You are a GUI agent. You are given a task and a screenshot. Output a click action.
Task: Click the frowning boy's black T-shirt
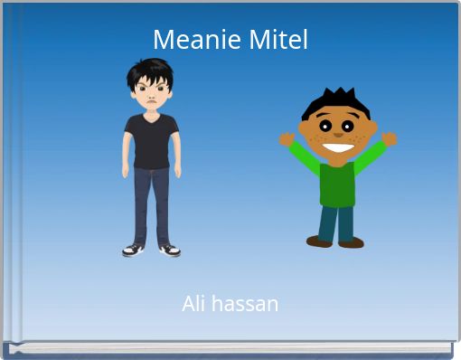151,140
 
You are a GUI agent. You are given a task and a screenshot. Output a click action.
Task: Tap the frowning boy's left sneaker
133,249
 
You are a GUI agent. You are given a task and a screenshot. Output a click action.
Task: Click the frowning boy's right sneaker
170,249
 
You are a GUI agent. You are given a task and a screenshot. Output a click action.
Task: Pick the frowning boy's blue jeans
151,204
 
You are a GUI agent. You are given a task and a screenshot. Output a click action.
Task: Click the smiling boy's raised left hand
287,139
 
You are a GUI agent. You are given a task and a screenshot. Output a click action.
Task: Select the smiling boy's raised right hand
389,138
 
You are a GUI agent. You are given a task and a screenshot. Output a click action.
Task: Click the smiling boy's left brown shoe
319,242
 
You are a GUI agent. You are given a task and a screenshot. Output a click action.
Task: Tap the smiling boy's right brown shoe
351,242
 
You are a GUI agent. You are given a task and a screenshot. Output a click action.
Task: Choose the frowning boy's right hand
177,170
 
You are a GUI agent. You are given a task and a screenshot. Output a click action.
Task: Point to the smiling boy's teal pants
335,222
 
